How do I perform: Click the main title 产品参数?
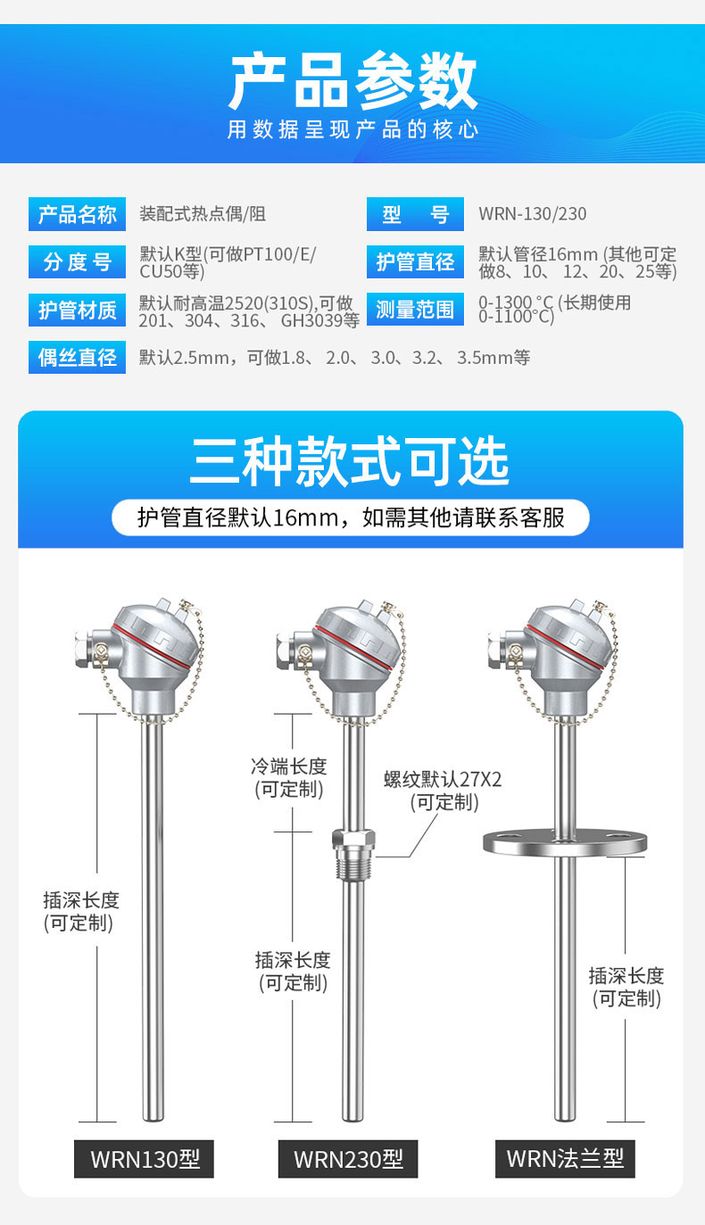coord(352,81)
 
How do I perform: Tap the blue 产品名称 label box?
coord(77,214)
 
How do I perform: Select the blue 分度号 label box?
coord(77,262)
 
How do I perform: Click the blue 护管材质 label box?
coord(77,310)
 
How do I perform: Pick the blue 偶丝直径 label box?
coord(77,357)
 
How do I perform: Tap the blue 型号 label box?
coord(415,214)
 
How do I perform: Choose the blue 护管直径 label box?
coord(415,262)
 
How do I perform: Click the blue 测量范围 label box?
coord(415,309)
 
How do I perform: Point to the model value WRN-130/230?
coord(533,214)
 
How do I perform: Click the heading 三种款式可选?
coord(350,460)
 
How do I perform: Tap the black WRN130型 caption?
coord(145,1159)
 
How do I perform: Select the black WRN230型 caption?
coord(348,1159)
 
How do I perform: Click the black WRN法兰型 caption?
coord(565,1159)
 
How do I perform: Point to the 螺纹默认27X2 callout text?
coord(443,779)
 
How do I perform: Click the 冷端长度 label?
coord(289,766)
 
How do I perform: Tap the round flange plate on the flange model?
coord(565,842)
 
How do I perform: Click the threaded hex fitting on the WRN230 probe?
coord(353,854)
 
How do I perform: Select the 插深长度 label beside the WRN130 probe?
coord(81,899)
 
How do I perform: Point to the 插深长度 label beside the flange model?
coord(626,975)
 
